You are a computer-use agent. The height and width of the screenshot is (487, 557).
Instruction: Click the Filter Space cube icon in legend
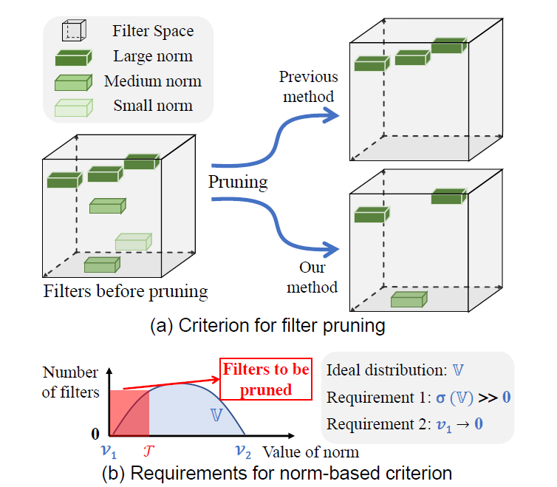74,31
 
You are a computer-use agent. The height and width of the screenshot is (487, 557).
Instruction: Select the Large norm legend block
73,57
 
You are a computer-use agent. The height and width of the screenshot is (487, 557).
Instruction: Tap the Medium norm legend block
73,82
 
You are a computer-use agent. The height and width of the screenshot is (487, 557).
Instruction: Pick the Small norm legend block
72,107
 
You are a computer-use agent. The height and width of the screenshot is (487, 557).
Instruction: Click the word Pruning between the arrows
238,181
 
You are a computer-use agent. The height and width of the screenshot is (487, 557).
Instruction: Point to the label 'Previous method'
308,86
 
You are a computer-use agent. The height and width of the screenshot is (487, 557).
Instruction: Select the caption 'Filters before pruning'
126,290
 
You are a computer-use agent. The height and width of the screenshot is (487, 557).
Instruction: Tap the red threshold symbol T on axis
150,450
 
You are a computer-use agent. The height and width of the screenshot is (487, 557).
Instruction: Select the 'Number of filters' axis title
71,383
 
